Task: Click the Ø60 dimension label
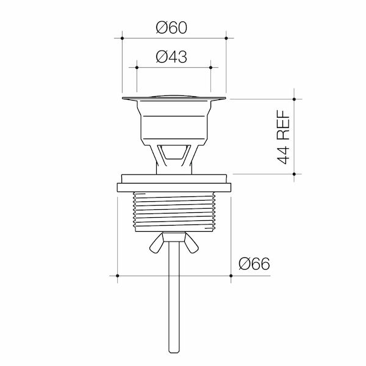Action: (171, 27)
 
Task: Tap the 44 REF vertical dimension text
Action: (283, 137)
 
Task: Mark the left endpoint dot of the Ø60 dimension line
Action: (123, 38)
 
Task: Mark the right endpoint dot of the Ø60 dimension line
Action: (226, 38)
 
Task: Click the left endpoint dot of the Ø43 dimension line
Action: (137, 67)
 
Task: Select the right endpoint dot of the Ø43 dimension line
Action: (210, 67)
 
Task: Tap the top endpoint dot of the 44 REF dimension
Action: (295, 98)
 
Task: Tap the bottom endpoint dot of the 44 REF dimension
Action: (295, 174)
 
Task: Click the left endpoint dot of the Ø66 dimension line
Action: (117, 276)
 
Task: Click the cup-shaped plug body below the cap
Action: (174, 122)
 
